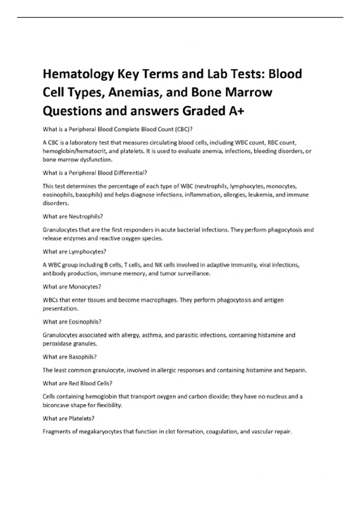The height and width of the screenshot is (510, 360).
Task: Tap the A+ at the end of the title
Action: [x=236, y=111]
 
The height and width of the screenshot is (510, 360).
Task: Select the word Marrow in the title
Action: [x=249, y=92]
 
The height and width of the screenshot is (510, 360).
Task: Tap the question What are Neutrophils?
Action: [x=73, y=216]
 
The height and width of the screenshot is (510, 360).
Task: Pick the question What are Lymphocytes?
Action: [x=74, y=252]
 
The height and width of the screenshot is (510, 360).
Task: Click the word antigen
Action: [x=274, y=300]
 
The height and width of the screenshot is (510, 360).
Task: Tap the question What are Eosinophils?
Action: [x=72, y=322]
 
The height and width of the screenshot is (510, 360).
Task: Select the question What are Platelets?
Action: [x=69, y=418]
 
